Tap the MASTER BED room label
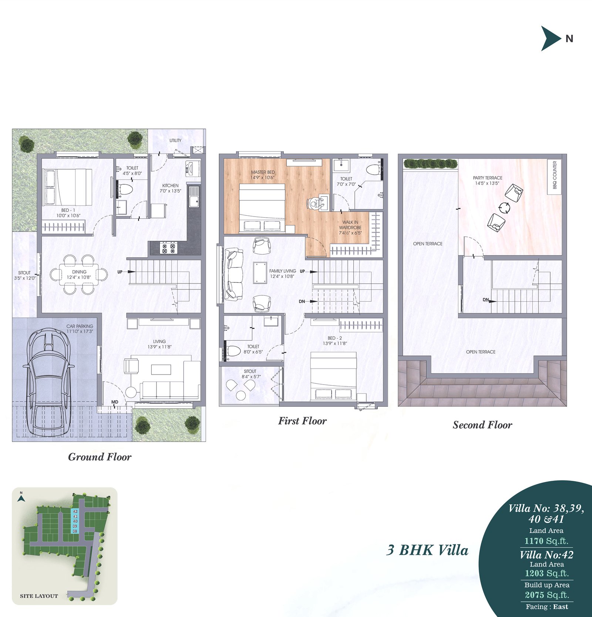[263, 172]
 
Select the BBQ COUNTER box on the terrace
[555, 177]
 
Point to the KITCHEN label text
[170, 185]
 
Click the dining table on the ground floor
[79, 274]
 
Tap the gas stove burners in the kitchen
[168, 248]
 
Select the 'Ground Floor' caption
[100, 457]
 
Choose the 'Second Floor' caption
[482, 425]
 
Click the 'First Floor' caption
[302, 421]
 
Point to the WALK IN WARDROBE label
[350, 225]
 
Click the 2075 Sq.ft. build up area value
[547, 595]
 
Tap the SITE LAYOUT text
[39, 596]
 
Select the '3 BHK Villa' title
[427, 550]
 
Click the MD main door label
[115, 402]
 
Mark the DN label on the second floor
[486, 300]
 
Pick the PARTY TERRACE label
[488, 178]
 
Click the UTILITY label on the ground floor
[175, 140]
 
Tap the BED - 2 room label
[335, 338]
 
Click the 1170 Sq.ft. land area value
[546, 541]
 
